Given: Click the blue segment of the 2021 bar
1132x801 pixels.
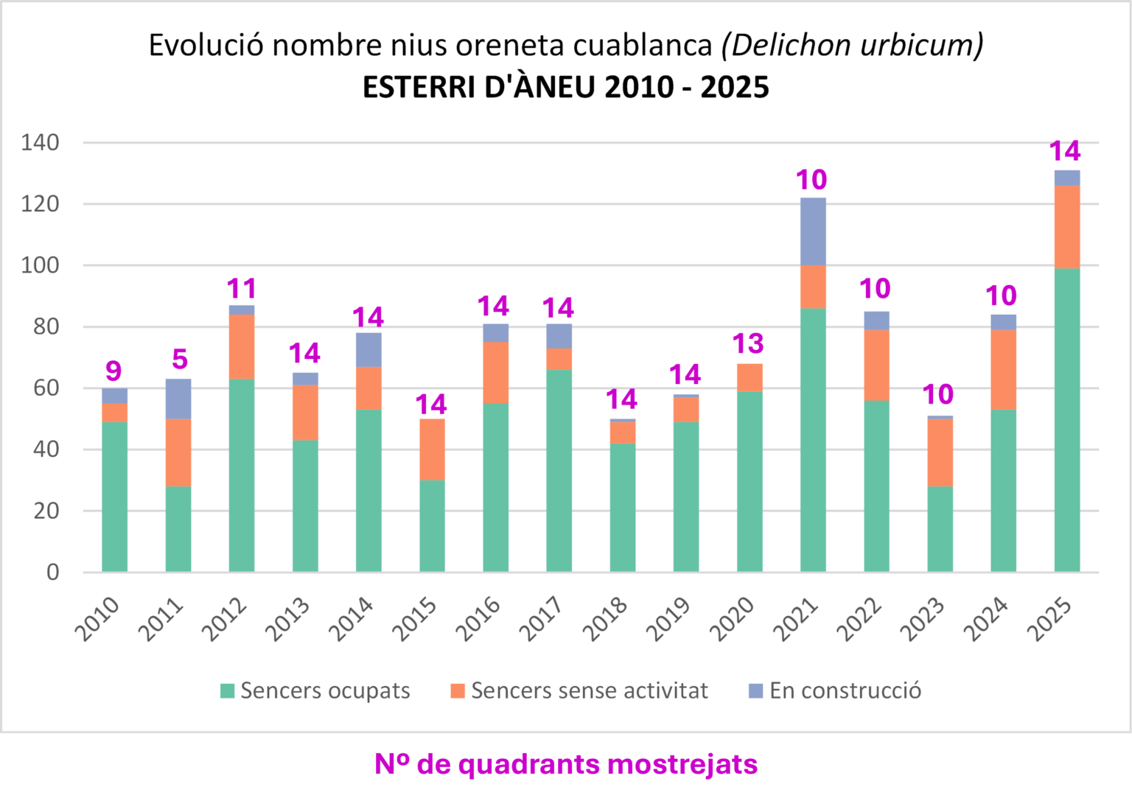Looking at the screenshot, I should [x=813, y=231].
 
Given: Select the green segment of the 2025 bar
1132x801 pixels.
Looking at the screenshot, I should [x=1066, y=420].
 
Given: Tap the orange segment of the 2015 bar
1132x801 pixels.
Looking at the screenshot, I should [x=432, y=450].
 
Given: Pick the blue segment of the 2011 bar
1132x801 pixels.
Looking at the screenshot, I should [x=178, y=399].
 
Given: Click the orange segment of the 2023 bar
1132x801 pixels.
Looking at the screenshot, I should [x=940, y=452].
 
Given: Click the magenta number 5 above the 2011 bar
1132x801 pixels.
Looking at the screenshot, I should [x=180, y=360].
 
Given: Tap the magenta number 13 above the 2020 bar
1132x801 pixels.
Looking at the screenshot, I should [x=748, y=343].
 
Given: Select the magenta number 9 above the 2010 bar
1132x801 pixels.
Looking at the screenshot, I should [x=113, y=371].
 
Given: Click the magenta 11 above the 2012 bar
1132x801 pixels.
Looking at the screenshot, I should [x=242, y=288].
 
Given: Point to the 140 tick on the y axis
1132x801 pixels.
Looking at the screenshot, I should [x=41, y=142].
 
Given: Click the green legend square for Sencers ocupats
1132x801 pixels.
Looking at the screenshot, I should [x=228, y=690].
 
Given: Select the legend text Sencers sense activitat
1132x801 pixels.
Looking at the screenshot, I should [x=589, y=690].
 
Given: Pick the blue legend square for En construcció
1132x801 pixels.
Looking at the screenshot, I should [x=755, y=690].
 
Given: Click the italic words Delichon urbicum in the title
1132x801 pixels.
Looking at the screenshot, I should [x=852, y=46].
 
